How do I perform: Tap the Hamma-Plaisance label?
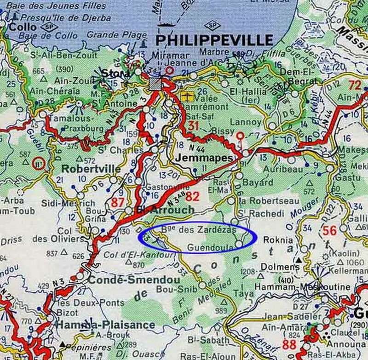(105, 325)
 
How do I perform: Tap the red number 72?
(355, 85)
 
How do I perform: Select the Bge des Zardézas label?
(199, 229)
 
